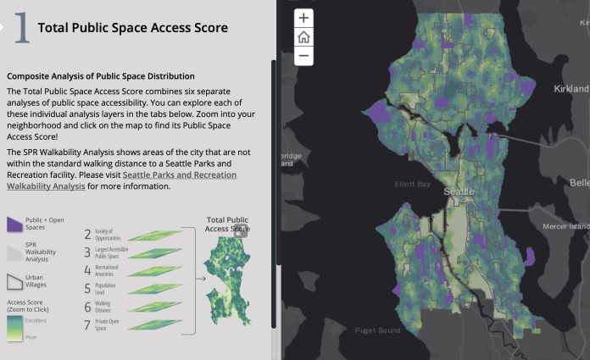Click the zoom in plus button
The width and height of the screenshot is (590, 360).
click(303, 18)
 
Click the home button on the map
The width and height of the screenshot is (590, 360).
click(303, 37)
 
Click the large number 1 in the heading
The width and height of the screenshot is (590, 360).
click(22, 28)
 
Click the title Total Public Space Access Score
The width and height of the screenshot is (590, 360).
click(133, 28)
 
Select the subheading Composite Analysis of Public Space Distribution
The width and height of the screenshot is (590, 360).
click(101, 76)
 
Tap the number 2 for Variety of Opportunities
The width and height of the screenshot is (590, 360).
click(87, 235)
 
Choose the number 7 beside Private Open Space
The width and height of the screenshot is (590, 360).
click(87, 325)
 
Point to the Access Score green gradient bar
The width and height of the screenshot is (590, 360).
click(13, 325)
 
